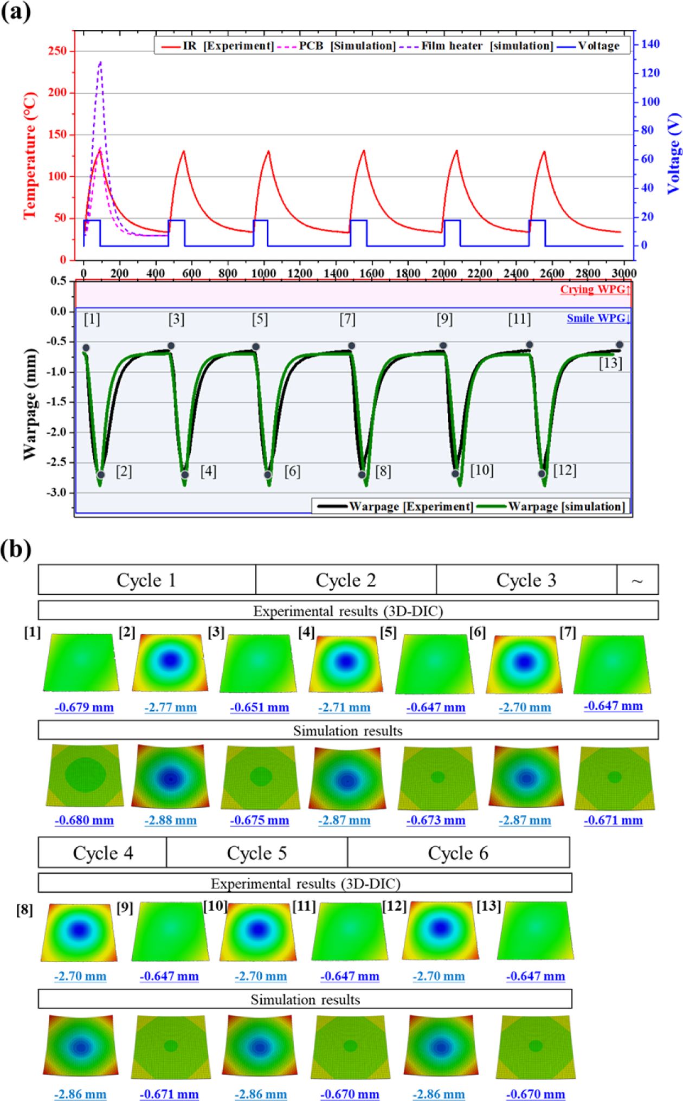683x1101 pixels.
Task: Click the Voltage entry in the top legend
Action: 598,46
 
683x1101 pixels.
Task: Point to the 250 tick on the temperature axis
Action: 57,51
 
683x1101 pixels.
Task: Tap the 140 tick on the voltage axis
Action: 650,44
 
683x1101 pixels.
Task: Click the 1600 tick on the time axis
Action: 372,273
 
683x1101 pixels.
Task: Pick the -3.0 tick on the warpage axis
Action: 56,493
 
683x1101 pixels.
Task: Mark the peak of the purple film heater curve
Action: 100,62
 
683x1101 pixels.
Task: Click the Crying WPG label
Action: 595,289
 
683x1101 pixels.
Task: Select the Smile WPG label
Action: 598,319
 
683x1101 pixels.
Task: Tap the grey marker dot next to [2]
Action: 101,475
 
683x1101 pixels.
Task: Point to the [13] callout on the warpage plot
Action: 610,363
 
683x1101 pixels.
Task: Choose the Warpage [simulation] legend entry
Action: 566,506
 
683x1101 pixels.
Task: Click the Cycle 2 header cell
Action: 346,580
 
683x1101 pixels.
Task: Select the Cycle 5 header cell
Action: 256,853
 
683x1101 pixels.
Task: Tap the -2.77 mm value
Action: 170,707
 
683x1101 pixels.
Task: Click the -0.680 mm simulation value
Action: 84,820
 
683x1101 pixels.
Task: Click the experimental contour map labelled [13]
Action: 535,930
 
